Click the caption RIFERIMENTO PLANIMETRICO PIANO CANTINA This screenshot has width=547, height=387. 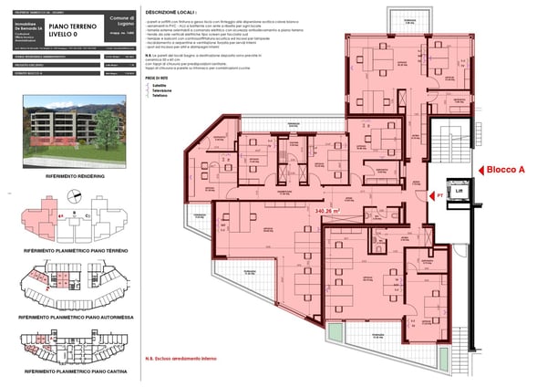click(x=76, y=372)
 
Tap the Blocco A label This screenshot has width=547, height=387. click(x=507, y=170)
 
